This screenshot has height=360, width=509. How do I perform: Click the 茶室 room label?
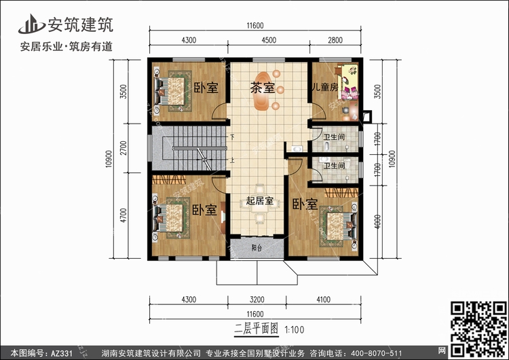tap(262, 88)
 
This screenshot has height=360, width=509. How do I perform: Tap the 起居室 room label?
tap(260, 201)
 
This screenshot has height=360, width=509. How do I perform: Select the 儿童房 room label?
tap(324, 87)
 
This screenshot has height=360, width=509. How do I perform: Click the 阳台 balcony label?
tap(257, 248)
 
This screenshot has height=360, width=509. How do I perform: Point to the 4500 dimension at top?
tap(269, 40)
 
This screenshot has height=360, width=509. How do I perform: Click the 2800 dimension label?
tap(335, 40)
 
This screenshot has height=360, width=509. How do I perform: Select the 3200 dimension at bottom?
tap(257, 300)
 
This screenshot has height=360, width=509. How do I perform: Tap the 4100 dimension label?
tap(323, 300)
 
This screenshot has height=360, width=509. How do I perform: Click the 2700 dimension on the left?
tap(124, 148)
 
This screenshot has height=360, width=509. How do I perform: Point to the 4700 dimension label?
tap(124, 215)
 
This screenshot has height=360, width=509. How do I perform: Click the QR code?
tap(478, 328)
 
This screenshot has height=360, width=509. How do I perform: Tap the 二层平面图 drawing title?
tap(256, 329)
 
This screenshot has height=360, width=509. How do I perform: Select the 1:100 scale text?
tap(295, 330)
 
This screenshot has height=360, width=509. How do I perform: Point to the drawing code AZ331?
tap(61, 353)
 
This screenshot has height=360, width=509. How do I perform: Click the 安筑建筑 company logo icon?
tap(31, 24)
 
